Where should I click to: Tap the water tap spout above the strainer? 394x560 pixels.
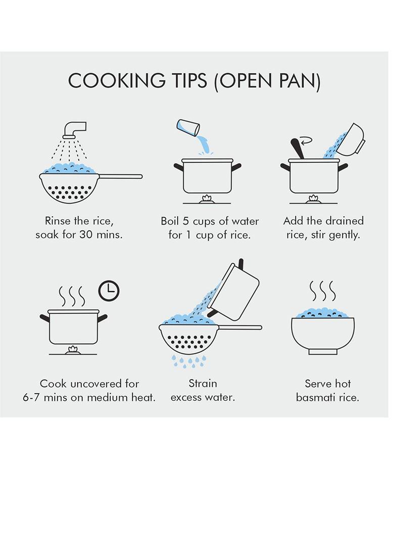coord(74,130)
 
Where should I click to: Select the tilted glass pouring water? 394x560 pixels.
coord(188,128)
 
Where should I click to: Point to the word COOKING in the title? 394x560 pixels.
coord(117,81)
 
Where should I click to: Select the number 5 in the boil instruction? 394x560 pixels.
coord(185,221)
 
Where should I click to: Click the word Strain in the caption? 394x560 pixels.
coord(203,384)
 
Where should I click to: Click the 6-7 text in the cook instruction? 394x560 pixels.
coord(31,397)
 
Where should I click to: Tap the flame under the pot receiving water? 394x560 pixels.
coord(207,199)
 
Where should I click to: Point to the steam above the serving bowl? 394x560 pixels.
coord(323,291)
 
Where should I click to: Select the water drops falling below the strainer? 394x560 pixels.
coord(189,361)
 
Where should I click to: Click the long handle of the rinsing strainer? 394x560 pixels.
coord(120,176)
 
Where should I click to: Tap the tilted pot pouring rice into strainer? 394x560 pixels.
coord(233,292)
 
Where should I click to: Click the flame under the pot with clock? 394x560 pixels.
coord(73,350)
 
